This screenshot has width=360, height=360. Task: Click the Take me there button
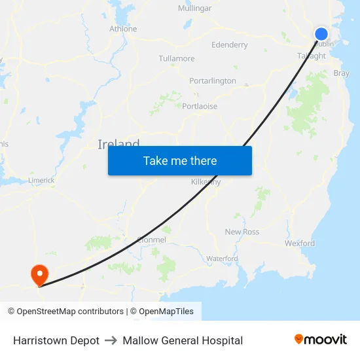pyautogui.click(x=180, y=160)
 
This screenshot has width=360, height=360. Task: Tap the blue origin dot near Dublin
pyautogui.click(x=321, y=34)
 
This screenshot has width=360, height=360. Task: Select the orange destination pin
pyautogui.click(x=40, y=274)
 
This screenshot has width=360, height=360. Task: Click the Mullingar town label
pyautogui.click(x=195, y=9)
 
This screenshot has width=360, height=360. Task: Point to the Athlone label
pyautogui.click(x=123, y=29)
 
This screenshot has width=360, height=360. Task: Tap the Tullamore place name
pyautogui.click(x=177, y=58)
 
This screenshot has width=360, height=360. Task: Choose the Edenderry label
pyautogui.click(x=230, y=45)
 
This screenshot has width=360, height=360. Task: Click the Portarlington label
pyautogui.click(x=213, y=81)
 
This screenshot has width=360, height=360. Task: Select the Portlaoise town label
pyautogui.click(x=200, y=106)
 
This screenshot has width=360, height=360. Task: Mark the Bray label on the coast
pyautogui.click(x=341, y=73)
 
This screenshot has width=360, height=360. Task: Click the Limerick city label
pyautogui.click(x=41, y=180)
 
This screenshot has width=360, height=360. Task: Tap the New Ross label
pyautogui.click(x=242, y=232)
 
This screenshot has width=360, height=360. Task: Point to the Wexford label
pyautogui.click(x=300, y=243)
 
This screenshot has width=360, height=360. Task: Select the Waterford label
pyautogui.click(x=222, y=259)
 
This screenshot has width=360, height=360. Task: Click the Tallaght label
pyautogui.click(x=312, y=56)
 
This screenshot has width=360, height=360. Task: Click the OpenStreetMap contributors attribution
pyautogui.click(x=65, y=312)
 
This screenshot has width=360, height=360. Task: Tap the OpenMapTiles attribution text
pyautogui.click(x=166, y=312)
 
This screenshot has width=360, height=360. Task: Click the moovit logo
pyautogui.click(x=321, y=340)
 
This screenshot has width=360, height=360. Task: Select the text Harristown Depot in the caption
pyautogui.click(x=56, y=340)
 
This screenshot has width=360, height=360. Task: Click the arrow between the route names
pyautogui.click(x=111, y=340)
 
